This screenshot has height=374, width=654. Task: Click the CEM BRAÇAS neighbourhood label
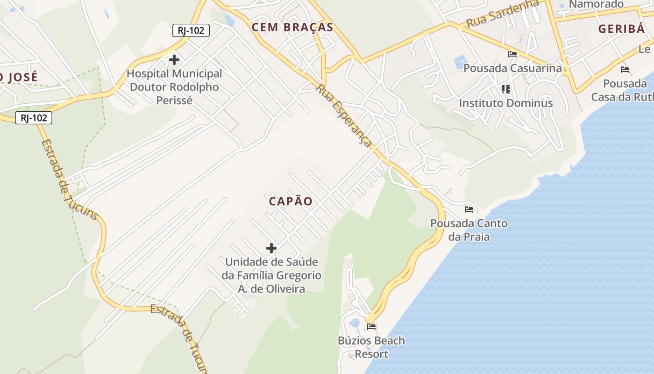coord(292,27)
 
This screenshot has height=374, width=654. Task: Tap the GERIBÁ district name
coord(621,29)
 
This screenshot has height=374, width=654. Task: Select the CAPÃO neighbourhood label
coord(291,201)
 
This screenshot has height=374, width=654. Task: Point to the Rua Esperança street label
coord(345,116)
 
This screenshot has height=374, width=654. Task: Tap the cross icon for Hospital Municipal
coord(174,60)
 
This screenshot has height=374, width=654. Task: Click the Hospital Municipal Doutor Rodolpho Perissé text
coord(174,87)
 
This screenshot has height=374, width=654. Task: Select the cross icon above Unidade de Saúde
coord(271,248)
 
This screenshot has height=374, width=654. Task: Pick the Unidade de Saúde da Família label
coord(271,275)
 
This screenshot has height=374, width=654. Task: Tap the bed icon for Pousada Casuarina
coord(512,54)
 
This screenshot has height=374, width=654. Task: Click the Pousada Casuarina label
coord(512,68)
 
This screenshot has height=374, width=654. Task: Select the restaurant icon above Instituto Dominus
coord(505,89)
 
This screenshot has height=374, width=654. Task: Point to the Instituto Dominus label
coord(506,103)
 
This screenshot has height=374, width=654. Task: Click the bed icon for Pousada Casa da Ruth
coord(625,70)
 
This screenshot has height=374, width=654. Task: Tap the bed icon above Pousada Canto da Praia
coord(469,209)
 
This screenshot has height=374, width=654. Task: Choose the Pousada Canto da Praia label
coord(469,230)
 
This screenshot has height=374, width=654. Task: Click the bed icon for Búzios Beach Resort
coord(371,326)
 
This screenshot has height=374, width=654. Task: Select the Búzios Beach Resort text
coord(371,347)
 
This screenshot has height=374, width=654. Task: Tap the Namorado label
coord(597,5)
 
